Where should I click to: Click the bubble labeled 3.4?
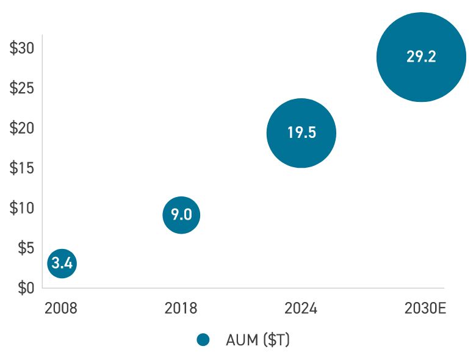click(x=62, y=264)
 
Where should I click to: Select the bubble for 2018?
click(x=181, y=215)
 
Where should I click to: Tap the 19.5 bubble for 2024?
click(x=301, y=133)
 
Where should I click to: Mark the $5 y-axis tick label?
click(x=25, y=248)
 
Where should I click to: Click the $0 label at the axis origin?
click(x=25, y=287)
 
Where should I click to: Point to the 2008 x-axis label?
click(x=61, y=308)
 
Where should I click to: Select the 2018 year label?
click(x=181, y=308)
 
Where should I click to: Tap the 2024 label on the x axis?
click(x=301, y=308)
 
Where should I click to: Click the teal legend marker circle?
click(x=203, y=340)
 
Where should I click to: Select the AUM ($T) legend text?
click(x=258, y=340)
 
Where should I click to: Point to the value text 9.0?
click(x=181, y=215)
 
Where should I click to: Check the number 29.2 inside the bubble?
click(x=421, y=57)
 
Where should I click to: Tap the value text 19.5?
click(x=301, y=133)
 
